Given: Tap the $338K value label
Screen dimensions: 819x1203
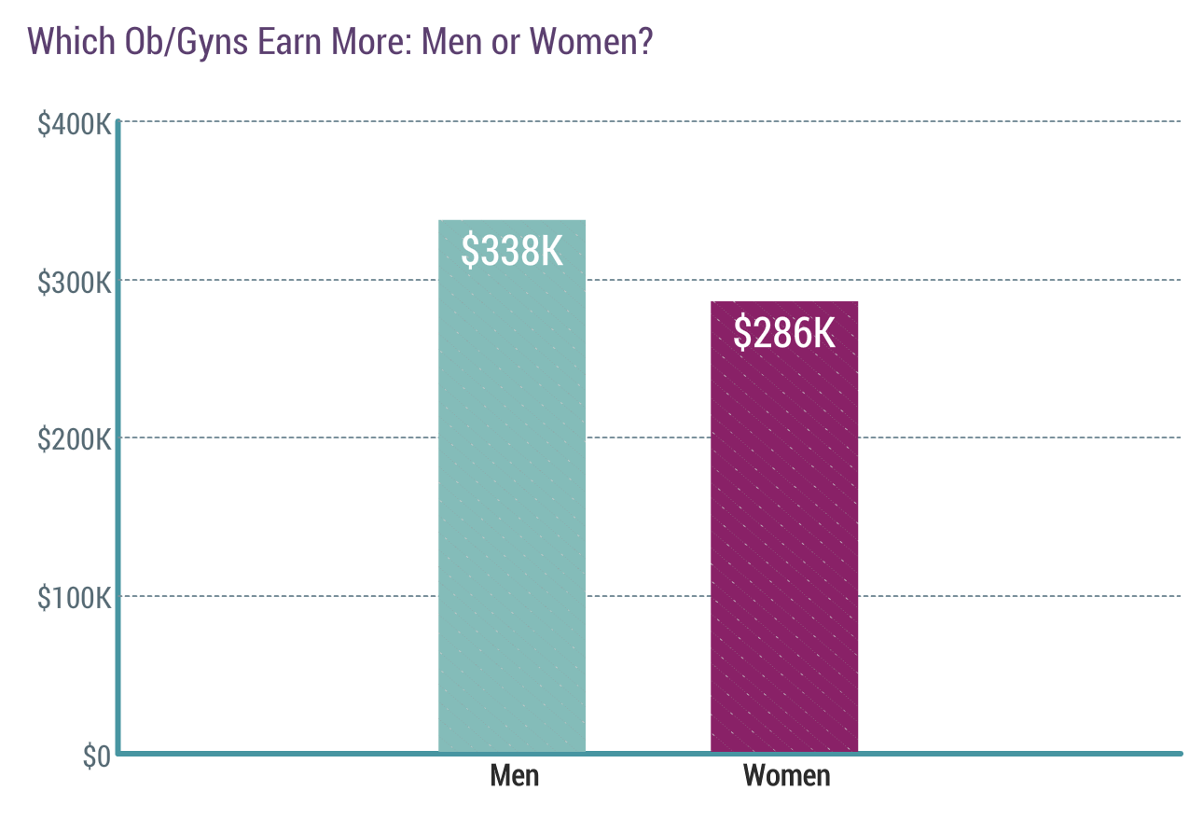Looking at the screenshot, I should click(x=512, y=251).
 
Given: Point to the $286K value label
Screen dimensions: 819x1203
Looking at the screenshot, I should click(x=784, y=333).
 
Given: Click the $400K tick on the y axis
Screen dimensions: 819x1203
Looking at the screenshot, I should click(x=75, y=124).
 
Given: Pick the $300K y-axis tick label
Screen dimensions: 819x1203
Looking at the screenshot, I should click(x=75, y=282).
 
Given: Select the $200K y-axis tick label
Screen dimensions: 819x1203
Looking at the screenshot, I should click(x=75, y=439).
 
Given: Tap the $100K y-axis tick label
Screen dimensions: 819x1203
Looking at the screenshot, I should click(x=75, y=597).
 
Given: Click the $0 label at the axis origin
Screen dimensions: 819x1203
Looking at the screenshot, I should click(x=96, y=757).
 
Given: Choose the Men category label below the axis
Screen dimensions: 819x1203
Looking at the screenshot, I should click(x=514, y=775).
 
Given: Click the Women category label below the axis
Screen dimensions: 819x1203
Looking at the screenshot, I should click(x=786, y=775).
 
